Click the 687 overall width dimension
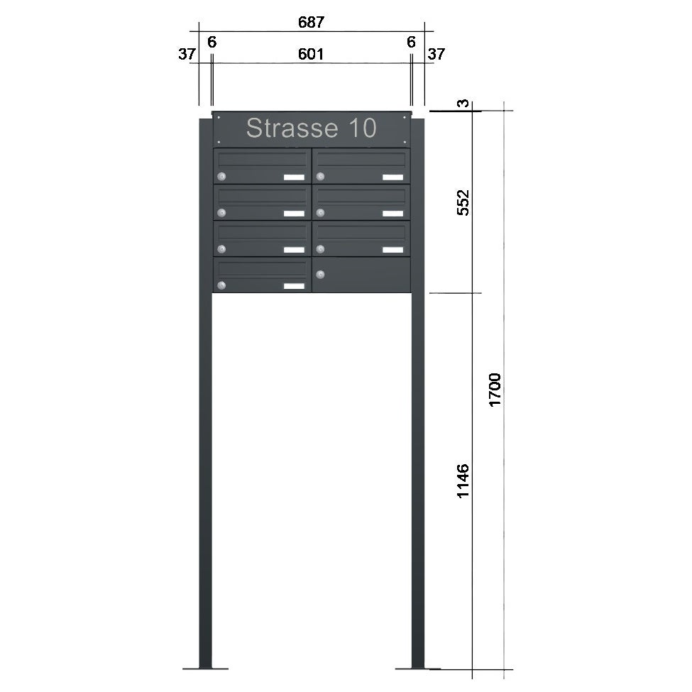pyautogui.click(x=311, y=22)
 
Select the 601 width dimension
pyautogui.click(x=311, y=54)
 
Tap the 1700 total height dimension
pyautogui.click(x=495, y=390)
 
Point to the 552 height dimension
pyautogui.click(x=463, y=202)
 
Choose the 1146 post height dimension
pyautogui.click(x=463, y=481)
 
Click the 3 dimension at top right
pyautogui.click(x=463, y=104)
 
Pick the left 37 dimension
pyautogui.click(x=187, y=54)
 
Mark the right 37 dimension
pyautogui.click(x=436, y=54)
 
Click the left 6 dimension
pyautogui.click(x=212, y=43)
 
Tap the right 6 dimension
pyautogui.click(x=411, y=43)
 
